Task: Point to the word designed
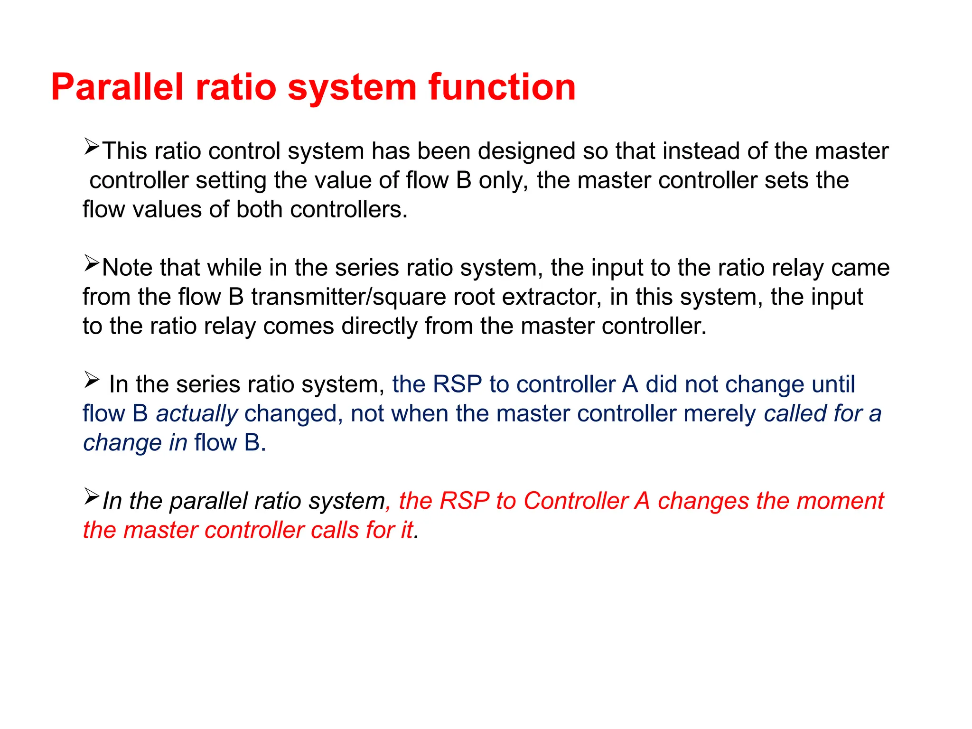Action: [x=526, y=151]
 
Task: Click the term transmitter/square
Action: [x=349, y=298]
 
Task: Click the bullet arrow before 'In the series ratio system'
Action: [x=91, y=379]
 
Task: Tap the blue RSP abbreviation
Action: [x=458, y=384]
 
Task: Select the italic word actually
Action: [x=197, y=414]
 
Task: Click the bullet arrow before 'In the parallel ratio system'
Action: [x=91, y=496]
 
